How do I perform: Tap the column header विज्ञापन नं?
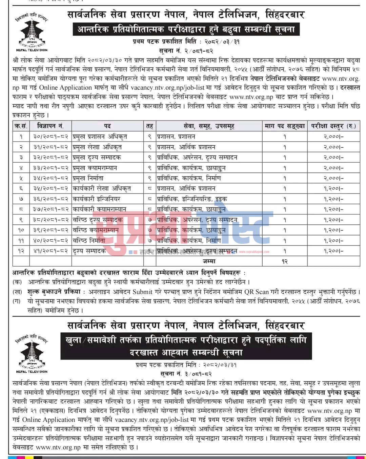click(x=50, y=126)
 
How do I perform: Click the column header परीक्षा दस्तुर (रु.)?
click(x=333, y=126)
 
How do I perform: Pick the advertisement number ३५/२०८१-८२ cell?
click(x=50, y=189)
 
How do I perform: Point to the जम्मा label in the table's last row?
click(x=209, y=261)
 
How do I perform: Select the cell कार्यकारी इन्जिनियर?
click(x=97, y=199)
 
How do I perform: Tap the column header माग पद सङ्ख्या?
click(x=285, y=126)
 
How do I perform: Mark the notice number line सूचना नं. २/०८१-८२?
click(x=186, y=51)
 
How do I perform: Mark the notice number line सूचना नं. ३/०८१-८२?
click(x=186, y=374)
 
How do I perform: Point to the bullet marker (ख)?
click(x=17, y=292)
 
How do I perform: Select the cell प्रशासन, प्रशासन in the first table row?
click(x=176, y=137)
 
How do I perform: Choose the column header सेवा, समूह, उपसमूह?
click(x=209, y=126)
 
